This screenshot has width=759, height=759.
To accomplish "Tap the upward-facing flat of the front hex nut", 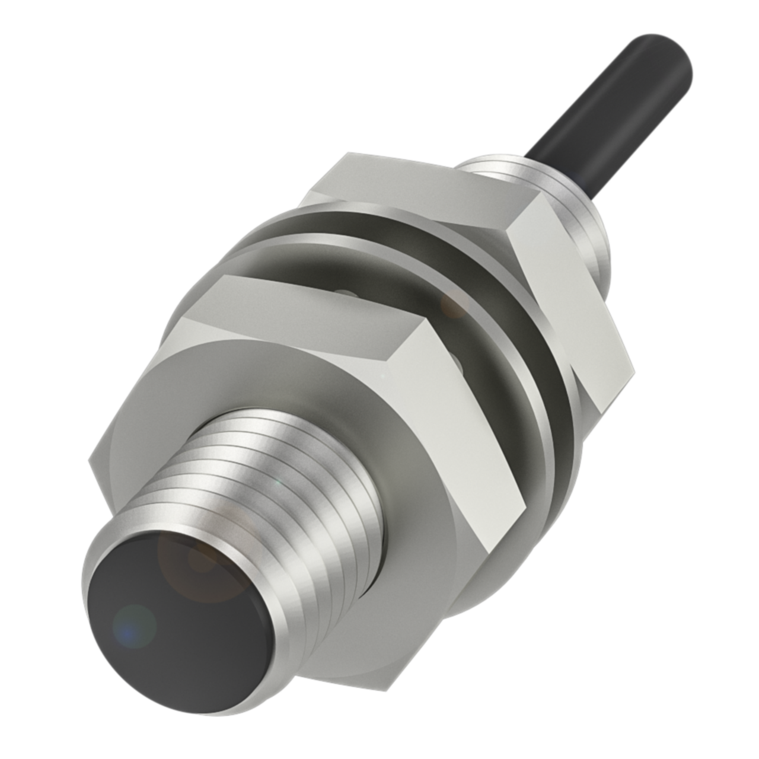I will tap(314, 314).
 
